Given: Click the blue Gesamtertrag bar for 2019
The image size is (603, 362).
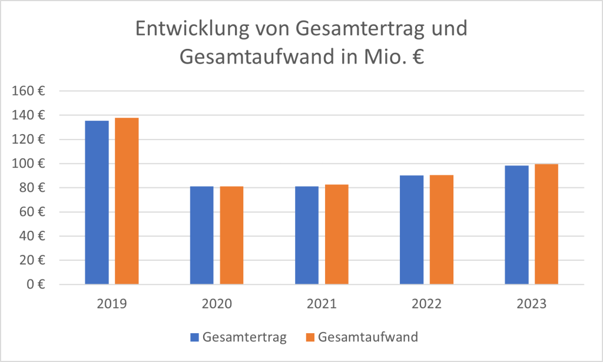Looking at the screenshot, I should pos(97,202).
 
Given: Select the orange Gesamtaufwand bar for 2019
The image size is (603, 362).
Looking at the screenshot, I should pos(127,201).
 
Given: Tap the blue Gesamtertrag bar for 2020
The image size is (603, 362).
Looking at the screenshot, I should pos(201,235).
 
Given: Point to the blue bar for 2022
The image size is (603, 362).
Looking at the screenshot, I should pos(412,230).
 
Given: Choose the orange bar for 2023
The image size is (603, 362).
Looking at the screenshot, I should pos(546,224).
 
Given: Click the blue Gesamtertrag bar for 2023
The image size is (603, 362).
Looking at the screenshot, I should pos(516,225).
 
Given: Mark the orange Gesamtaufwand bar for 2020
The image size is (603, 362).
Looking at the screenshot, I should pos(231,235).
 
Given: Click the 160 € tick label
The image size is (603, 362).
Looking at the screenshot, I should pos(32,91).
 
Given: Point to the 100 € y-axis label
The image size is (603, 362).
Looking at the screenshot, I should pos(32,164).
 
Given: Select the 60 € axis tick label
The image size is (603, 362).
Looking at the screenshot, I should pos(35,212).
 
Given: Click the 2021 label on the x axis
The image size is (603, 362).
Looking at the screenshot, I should pos(322,305).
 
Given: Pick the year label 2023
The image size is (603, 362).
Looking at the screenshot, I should pos(531,305).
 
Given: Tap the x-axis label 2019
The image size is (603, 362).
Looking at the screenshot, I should pos(112,305).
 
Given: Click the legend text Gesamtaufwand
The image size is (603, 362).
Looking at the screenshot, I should pos(367,337).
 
